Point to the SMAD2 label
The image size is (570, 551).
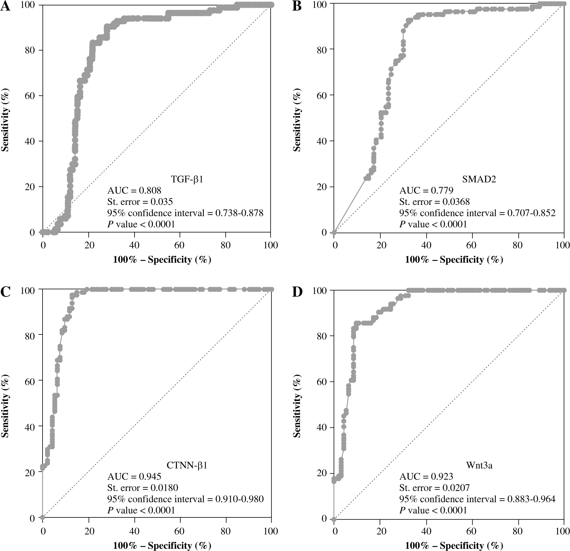pyautogui.click(x=479, y=179)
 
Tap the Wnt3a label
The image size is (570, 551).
pyautogui.click(x=479, y=465)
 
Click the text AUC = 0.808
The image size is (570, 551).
pyautogui.click(x=134, y=190)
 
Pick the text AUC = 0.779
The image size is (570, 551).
pyautogui.click(x=426, y=190)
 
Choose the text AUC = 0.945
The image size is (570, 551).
pyautogui.click(x=134, y=476)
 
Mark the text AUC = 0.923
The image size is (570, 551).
pyautogui.click(x=426, y=476)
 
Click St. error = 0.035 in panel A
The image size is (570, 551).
pyautogui.click(x=140, y=202)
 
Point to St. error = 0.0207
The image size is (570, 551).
pyautogui.click(x=434, y=488)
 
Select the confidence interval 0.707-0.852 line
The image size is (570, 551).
pyautogui.click(x=477, y=213)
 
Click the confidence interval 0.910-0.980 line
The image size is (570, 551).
pyautogui.click(x=185, y=499)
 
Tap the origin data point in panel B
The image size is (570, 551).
pyautogui.click(x=334, y=232)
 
